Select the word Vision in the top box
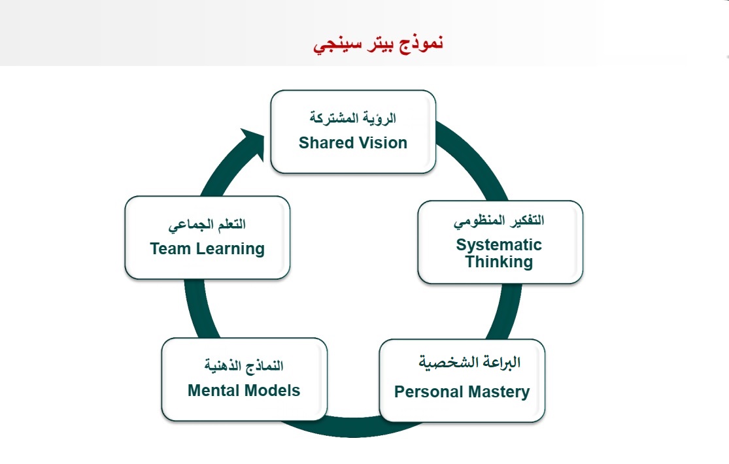tap(382, 143)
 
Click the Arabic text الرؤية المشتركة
tap(353, 118)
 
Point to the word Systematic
tap(499, 245)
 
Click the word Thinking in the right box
tap(499, 262)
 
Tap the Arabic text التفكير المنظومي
tap(499, 220)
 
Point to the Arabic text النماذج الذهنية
tap(244, 364)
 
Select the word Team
tap(169, 249)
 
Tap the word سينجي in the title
tap(333, 44)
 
